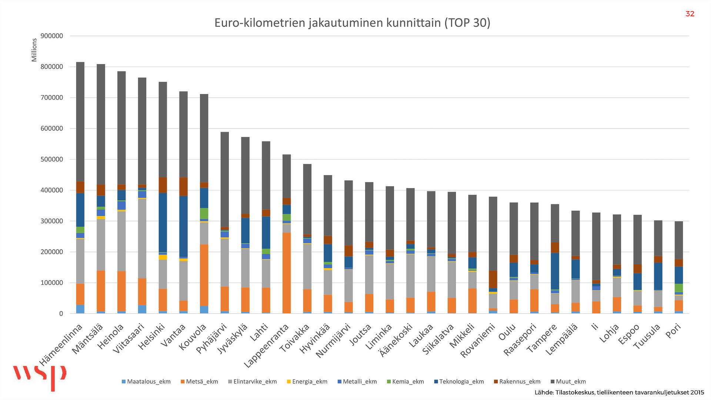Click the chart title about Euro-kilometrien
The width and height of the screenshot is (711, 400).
coord(352,23)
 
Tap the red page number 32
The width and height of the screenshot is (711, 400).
coord(690,14)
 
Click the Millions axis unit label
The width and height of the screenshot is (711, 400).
coord(34,50)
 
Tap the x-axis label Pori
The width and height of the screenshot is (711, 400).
coord(674,331)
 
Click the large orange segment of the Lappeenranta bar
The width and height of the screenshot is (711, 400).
coord(287,273)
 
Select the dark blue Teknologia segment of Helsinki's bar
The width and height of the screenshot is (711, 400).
coord(163,223)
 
